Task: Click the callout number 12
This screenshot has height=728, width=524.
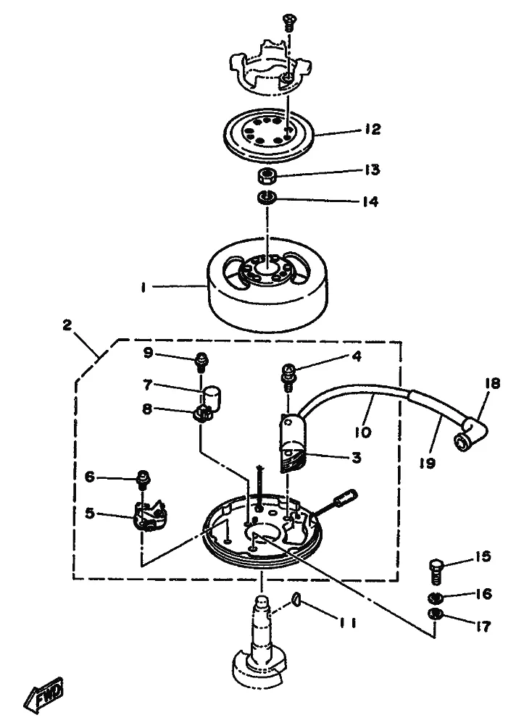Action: [x=372, y=129]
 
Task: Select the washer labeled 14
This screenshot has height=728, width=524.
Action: [x=267, y=197]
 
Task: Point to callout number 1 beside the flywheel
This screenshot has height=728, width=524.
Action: [x=143, y=288]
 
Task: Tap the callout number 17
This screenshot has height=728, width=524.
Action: [x=483, y=627]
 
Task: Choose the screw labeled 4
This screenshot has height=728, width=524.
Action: [x=288, y=377]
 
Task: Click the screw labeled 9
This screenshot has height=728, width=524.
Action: [x=201, y=361]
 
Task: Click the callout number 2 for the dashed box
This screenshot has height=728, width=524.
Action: [x=67, y=325]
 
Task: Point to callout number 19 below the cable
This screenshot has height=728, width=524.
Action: [x=428, y=462]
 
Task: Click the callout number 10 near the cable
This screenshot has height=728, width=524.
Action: [x=362, y=432]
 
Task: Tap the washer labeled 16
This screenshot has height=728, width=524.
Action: [x=434, y=597]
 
